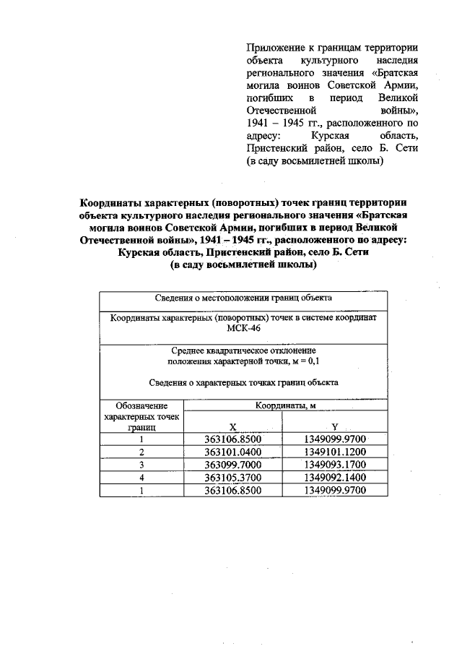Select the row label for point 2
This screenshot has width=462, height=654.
coord(142,452)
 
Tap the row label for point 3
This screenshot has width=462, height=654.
coord(142,465)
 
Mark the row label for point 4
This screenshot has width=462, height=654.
coord(142,478)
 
